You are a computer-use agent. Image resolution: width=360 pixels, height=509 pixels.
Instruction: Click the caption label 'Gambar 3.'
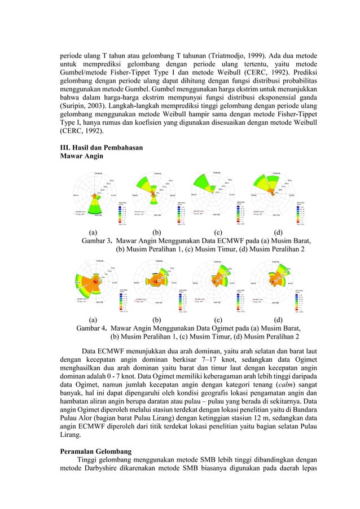(x=97, y=240)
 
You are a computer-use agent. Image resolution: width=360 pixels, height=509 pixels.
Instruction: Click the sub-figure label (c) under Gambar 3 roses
(x=218, y=232)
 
